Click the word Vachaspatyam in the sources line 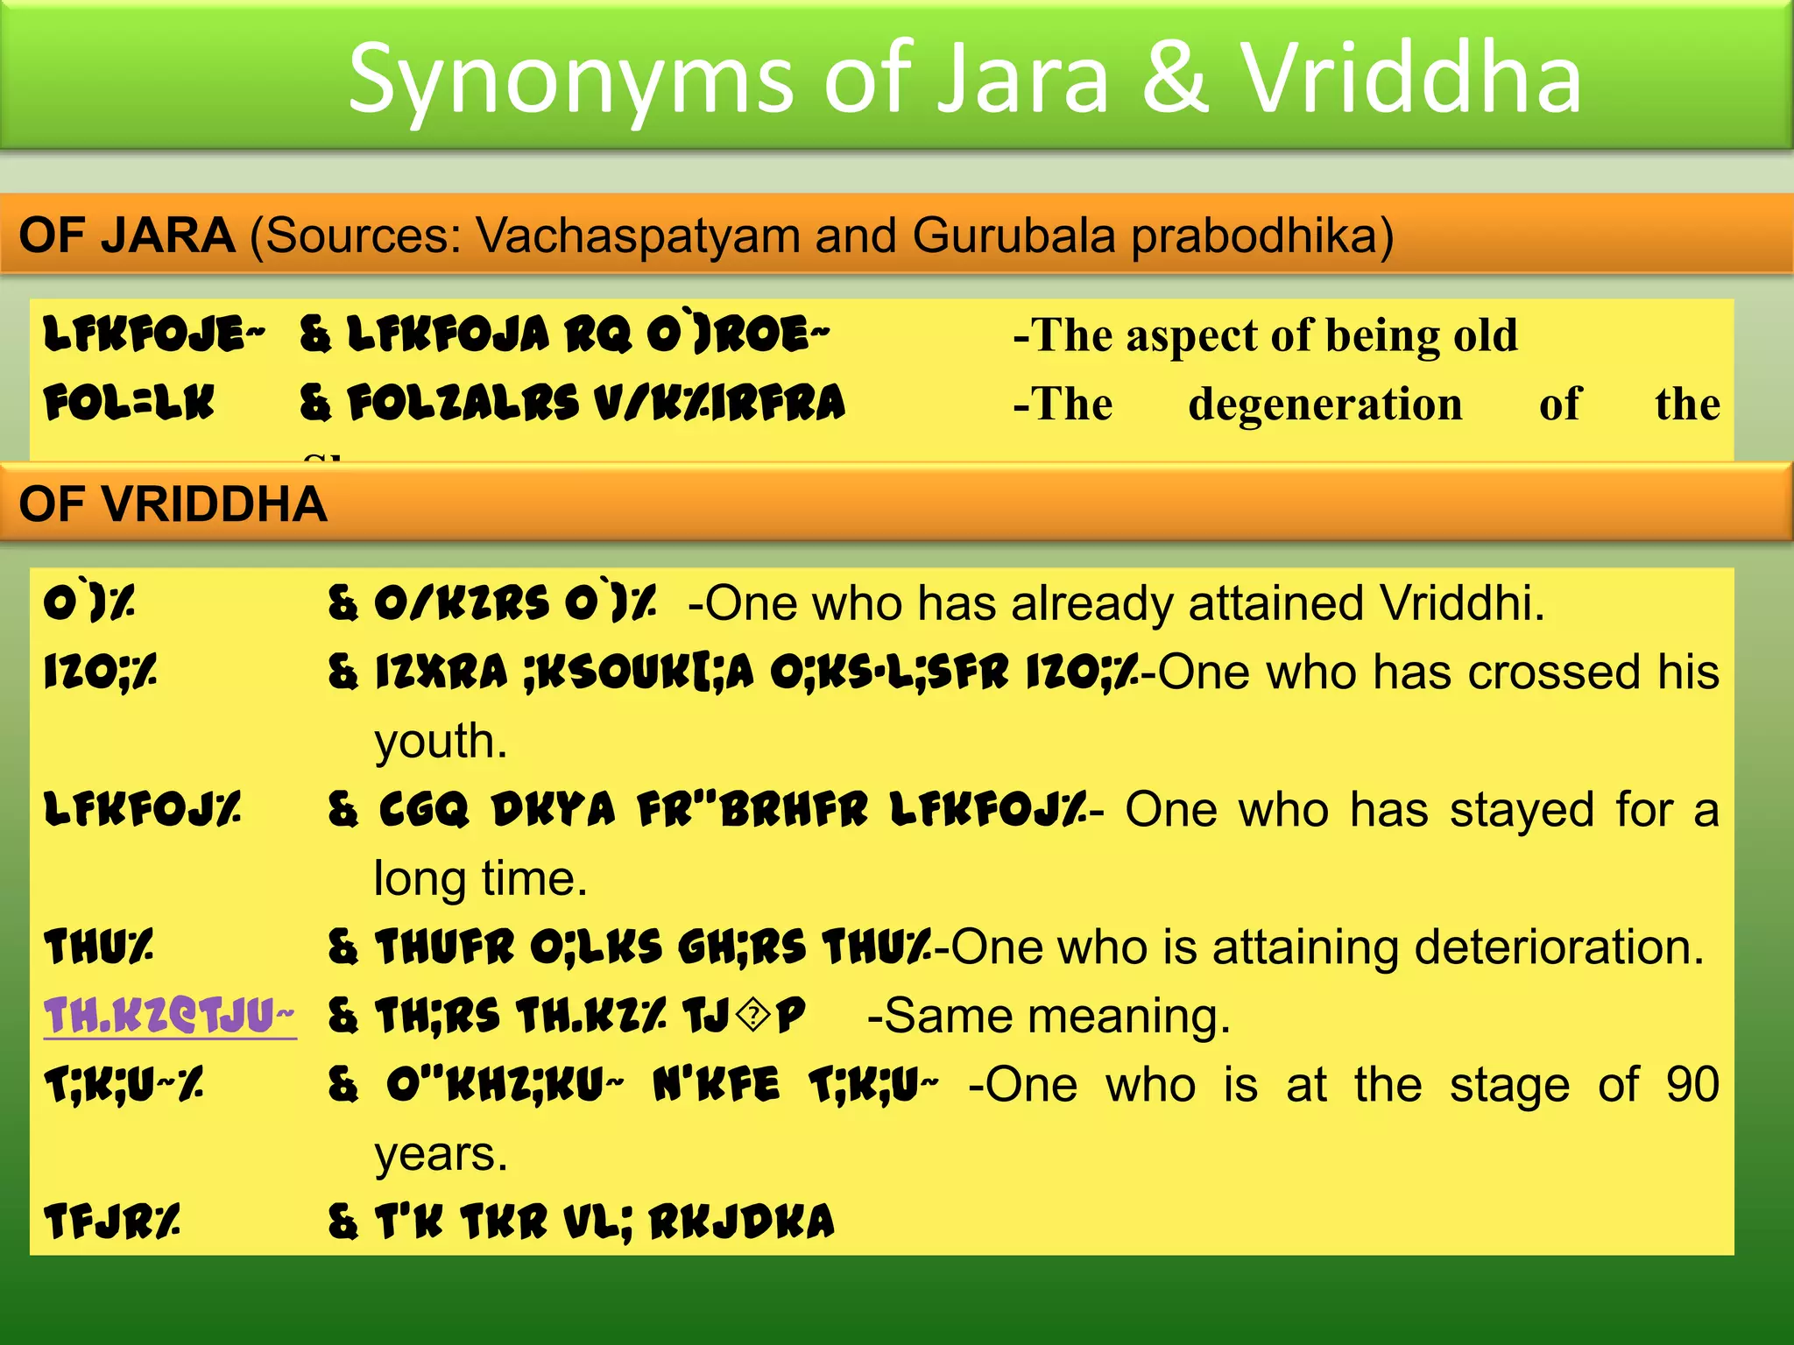pos(638,236)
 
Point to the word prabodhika pos(1261,236)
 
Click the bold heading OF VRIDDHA pos(173,504)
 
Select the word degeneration pos(1325,405)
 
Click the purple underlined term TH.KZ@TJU pos(169,1016)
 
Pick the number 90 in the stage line pos(1692,1085)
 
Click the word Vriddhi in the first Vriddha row pos(1461,603)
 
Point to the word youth pos(440,742)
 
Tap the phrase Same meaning pos(1049,1017)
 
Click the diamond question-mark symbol pos(752,1017)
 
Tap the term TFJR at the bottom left pos(111,1222)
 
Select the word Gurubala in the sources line pos(1014,236)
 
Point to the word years pos(441,1154)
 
